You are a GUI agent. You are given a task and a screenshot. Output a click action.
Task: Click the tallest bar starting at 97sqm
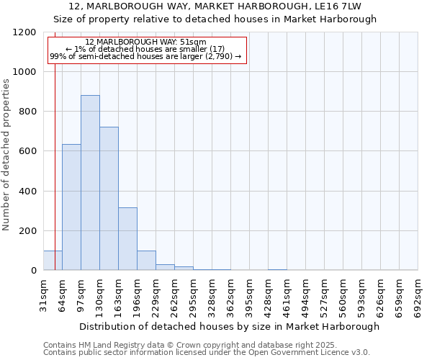90,183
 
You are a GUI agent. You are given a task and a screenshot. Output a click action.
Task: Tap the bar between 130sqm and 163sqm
109,199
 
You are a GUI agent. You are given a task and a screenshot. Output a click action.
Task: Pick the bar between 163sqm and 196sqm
127,239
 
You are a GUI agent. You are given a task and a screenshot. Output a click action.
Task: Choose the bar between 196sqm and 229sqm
146,261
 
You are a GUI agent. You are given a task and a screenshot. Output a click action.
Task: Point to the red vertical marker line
55,158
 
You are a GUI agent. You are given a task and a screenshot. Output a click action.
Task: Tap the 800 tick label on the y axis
27,112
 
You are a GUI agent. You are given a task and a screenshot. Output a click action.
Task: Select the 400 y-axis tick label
27,192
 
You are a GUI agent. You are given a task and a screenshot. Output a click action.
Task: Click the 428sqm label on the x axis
268,294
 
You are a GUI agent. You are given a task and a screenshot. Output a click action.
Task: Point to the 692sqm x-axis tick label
418,294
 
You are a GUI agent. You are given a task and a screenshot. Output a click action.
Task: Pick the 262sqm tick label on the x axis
174,294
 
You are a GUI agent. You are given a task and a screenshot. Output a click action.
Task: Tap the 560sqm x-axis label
343,294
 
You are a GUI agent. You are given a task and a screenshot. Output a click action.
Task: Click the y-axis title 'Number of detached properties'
6,155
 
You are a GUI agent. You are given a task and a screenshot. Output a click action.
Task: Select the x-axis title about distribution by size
229,326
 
